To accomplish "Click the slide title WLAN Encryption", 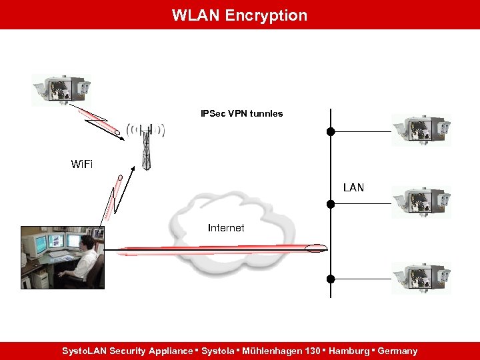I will [x=239, y=15].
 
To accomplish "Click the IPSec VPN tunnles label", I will [x=241, y=113].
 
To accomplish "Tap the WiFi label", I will [x=82, y=164].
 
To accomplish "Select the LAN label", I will [x=353, y=187].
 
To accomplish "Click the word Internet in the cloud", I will [x=226, y=228].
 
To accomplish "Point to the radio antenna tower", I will [x=147, y=147].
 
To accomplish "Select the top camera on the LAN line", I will [x=421, y=130].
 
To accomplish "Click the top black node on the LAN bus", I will [x=330, y=131].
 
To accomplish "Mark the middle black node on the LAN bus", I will [x=330, y=203].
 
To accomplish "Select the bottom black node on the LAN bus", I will [x=330, y=279].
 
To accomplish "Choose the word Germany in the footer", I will [x=397, y=351].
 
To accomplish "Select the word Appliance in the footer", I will [x=171, y=351].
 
